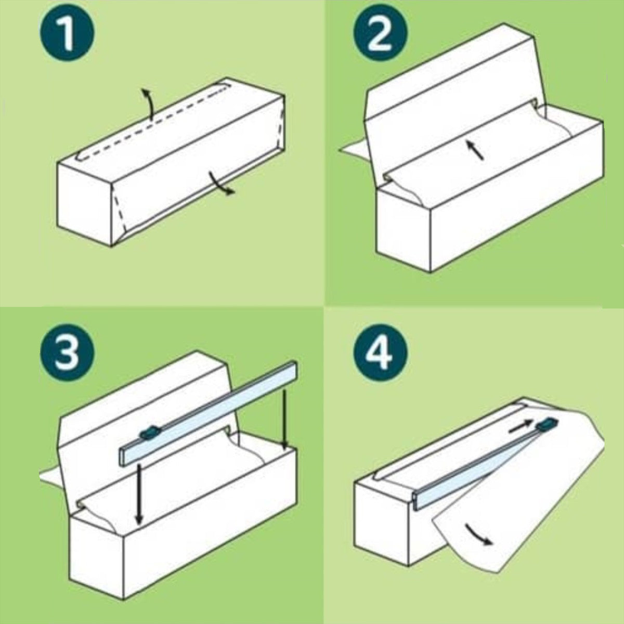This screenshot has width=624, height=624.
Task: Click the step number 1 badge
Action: [x=67, y=33]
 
